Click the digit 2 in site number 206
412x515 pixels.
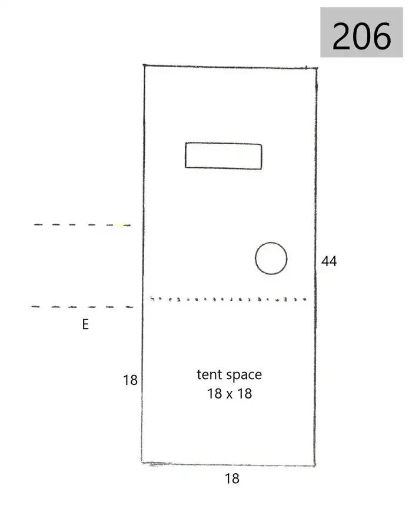[x=342, y=36]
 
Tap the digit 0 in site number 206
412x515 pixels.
[x=362, y=36]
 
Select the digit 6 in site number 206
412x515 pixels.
[x=381, y=36]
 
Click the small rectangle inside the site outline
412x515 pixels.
[x=224, y=156]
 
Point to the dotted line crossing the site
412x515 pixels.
[x=228, y=299]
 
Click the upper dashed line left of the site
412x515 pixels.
[x=82, y=225]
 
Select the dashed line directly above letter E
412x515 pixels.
[x=82, y=307]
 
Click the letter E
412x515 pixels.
[x=85, y=324]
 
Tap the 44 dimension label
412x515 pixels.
[x=329, y=261]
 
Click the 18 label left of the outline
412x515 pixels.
[x=130, y=380]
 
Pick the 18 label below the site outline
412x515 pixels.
[x=232, y=479]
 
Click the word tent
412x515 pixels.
[x=208, y=375]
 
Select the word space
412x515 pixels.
[x=244, y=376]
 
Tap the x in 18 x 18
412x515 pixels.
[x=230, y=394]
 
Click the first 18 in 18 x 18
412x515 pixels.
[x=215, y=394]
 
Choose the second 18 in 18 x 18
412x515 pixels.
[x=245, y=394]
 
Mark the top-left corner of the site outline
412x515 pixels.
[x=144, y=65]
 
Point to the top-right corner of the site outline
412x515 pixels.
[x=317, y=68]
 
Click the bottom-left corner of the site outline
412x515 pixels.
[x=142, y=463]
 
